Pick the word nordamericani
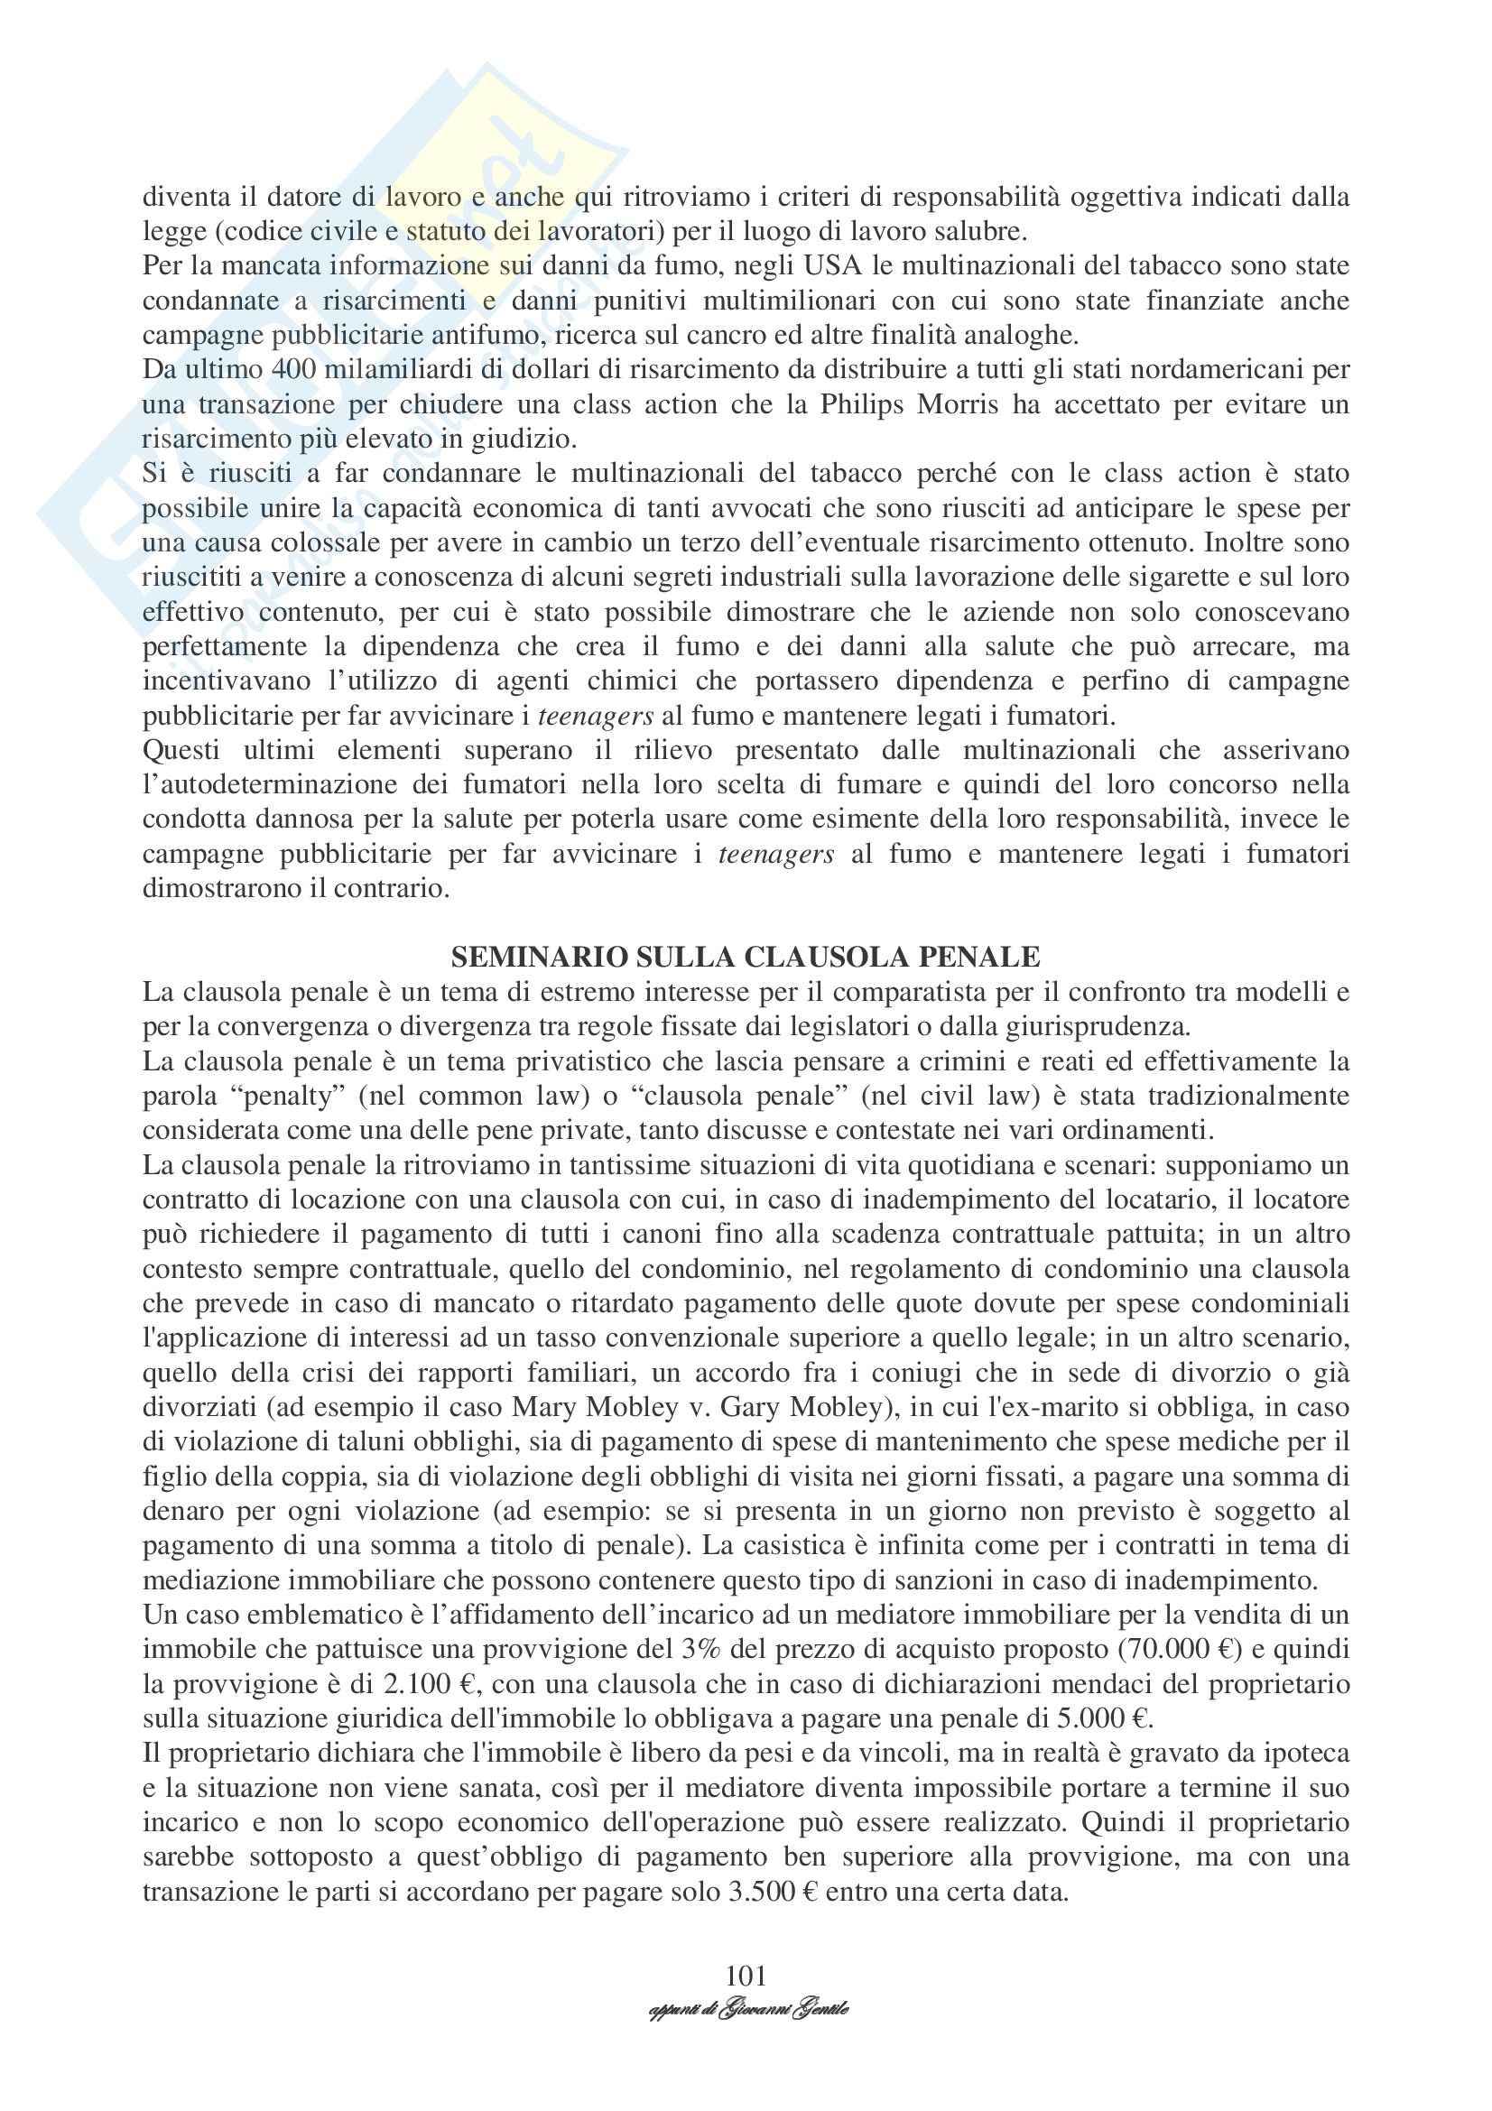tap(1225, 370)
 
